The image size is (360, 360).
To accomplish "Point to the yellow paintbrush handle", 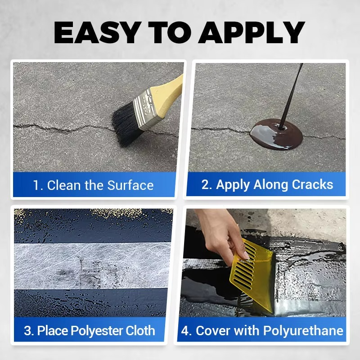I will click(173, 87).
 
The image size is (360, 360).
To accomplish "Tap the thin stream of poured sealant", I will click(290, 94).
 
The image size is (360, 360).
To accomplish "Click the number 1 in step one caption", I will click(36, 185).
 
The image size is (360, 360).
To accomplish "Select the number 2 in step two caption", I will click(206, 184).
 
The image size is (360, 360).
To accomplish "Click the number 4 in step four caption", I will click(185, 331).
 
